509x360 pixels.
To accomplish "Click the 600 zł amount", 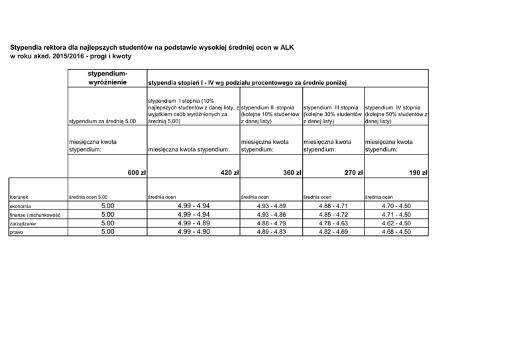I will pos(136,173).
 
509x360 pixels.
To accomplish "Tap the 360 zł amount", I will pos(290,173).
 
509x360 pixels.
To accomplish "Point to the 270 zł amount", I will pos(353,173).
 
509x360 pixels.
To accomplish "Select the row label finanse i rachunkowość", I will pos(35,215).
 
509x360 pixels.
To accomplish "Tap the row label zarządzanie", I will pos(25,223).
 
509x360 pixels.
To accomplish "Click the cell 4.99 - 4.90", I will pos(193,232).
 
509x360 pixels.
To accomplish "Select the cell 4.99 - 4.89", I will pos(193,223).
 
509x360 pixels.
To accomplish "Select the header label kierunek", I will pos(19,196).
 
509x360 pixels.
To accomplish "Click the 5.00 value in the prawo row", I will pos(107,232).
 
